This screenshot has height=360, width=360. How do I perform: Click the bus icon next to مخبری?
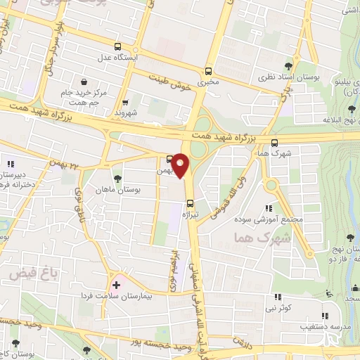(207, 71)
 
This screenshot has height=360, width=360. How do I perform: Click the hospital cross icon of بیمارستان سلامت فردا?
(116, 287)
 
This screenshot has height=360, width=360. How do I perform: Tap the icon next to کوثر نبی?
(277, 297)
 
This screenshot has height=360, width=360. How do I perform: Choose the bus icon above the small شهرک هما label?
(274, 141)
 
